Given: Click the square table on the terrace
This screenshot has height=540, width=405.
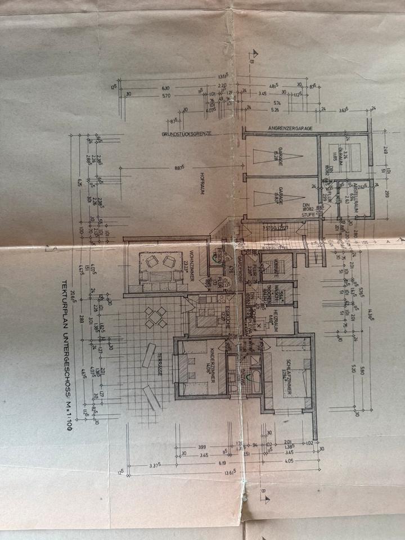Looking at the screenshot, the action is point(155,318).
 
